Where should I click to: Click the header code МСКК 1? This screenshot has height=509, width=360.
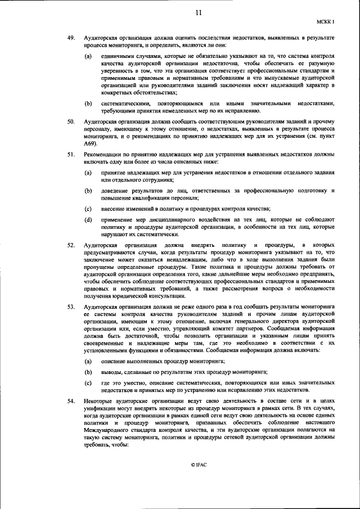tap(325, 22)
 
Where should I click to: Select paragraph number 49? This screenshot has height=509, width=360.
tap(71, 37)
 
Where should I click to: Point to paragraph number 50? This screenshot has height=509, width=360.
tap(71, 121)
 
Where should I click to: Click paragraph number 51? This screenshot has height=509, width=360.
tap(71, 154)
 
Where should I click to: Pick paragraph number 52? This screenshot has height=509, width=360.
tap(71, 246)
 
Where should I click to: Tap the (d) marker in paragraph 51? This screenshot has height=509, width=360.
tap(88, 219)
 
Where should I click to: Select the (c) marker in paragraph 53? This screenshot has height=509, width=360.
tap(88, 382)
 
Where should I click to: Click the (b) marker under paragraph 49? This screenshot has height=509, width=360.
tap(88, 103)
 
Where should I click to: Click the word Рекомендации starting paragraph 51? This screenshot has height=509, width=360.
tap(102, 154)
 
